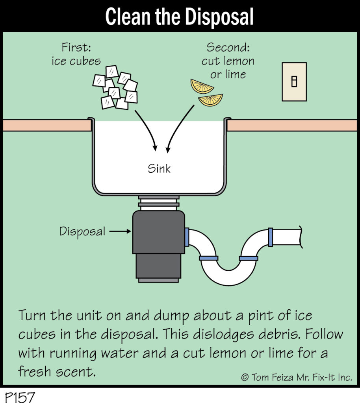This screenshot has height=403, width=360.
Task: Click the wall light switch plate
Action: pos(294,82)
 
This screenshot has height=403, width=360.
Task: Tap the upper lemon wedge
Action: pos(201,86)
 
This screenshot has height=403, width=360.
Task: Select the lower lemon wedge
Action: pos(211,100)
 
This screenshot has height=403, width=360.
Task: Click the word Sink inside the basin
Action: pos(159,168)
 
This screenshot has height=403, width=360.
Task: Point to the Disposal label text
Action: pos(82,231)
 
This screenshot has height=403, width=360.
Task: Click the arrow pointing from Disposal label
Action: pos(120,231)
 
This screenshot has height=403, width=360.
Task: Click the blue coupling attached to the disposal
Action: pos(187,237)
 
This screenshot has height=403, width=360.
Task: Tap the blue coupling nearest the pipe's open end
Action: pos(270,237)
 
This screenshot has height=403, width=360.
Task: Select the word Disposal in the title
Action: pos(219,17)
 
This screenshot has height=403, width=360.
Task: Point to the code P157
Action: pos(20,397)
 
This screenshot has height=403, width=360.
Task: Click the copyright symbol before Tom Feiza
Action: pos(245,377)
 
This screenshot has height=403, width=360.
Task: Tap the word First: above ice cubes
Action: pos(76,47)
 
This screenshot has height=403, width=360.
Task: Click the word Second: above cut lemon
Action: pos(228,47)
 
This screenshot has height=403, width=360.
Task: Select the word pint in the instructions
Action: pos(260,316)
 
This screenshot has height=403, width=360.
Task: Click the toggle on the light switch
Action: pos(294,81)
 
